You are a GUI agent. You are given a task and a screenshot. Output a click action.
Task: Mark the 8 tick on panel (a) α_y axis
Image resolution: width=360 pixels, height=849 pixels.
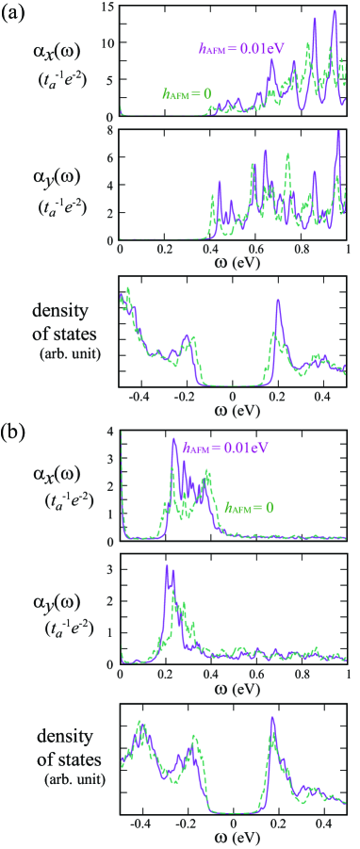[x=110, y=130]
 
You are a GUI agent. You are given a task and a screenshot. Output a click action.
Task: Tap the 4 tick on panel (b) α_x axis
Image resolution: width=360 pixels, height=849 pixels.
[x=110, y=432]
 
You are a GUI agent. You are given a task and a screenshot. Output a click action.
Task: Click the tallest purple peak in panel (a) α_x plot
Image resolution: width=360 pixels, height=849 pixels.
[x=335, y=11]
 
